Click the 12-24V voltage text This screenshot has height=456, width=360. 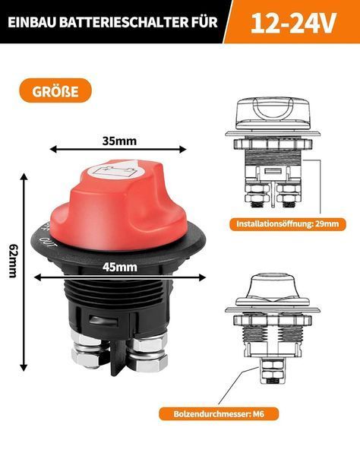293,23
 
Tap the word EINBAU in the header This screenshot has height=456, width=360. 31,22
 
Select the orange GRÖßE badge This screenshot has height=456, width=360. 55,90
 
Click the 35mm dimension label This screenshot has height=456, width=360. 119,141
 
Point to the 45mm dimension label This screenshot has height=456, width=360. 120,268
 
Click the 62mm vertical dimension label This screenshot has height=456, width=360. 12,261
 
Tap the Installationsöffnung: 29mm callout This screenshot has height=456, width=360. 288,224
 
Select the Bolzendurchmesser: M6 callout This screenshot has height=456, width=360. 219,413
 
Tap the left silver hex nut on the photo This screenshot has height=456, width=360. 90,352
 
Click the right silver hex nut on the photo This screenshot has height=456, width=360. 148,353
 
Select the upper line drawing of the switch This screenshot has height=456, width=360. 273,154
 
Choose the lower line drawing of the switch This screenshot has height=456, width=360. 273,328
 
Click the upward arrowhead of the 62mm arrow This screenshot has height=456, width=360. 24,176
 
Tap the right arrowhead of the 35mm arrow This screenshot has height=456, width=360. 182,149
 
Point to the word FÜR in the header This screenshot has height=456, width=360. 204,22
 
